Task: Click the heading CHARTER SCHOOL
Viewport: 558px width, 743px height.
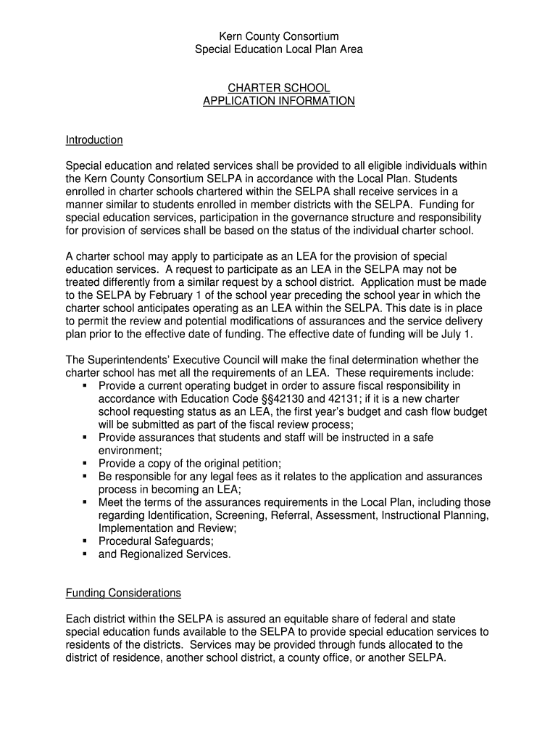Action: (279, 88)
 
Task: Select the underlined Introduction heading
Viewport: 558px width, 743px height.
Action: (94, 139)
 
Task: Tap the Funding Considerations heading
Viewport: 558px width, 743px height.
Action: (123, 593)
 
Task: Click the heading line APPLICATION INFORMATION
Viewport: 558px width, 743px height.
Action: (279, 101)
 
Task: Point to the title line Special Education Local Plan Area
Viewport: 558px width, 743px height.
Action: (279, 49)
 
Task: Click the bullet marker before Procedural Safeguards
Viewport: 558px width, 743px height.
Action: (85, 541)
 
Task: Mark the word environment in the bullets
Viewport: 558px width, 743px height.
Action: (128, 451)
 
